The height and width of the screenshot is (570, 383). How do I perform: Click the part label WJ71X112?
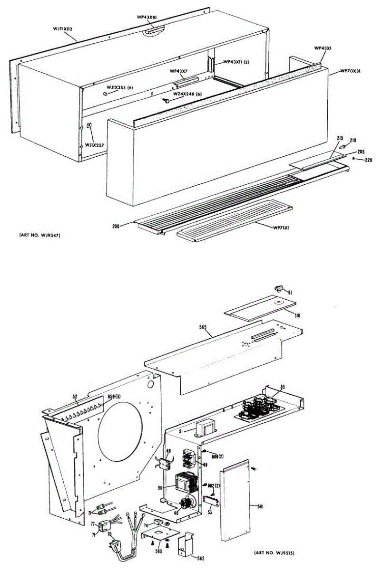pyautogui.click(x=62, y=29)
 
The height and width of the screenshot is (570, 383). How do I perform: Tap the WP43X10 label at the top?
pyautogui.click(x=150, y=17)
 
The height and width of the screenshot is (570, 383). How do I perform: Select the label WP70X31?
pyautogui.click(x=351, y=71)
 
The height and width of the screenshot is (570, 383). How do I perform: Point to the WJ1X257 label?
pyautogui.click(x=95, y=144)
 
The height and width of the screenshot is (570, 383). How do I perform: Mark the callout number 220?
pyautogui.click(x=368, y=160)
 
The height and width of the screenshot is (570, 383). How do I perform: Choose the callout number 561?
pyautogui.click(x=260, y=506)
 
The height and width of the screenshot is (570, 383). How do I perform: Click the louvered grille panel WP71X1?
pyautogui.click(x=233, y=221)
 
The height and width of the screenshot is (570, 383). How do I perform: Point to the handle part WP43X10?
pyautogui.click(x=153, y=30)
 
